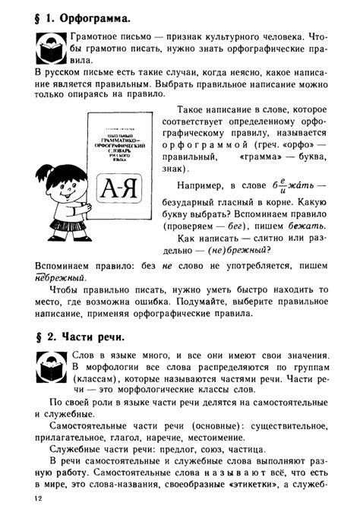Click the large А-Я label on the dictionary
pos(118,189)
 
